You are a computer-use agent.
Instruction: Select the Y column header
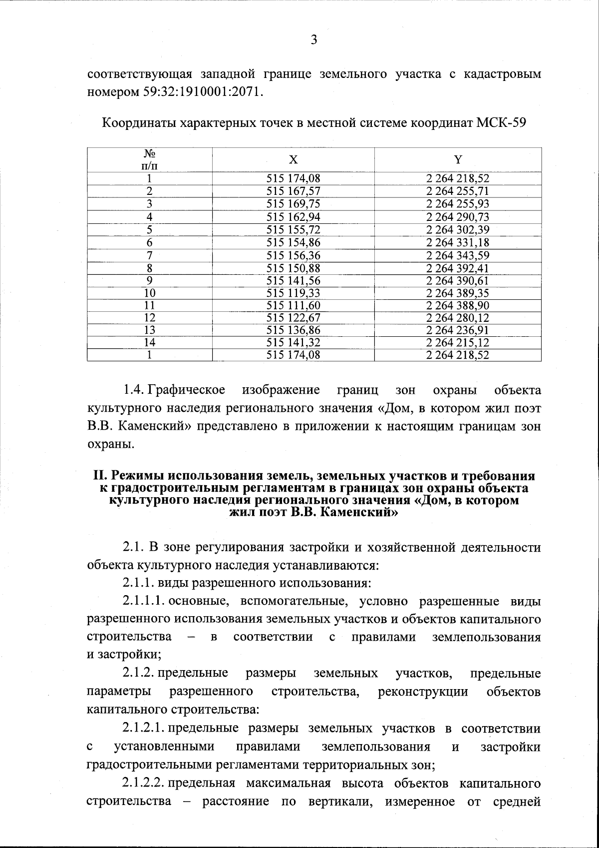458,159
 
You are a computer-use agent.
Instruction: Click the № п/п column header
149,159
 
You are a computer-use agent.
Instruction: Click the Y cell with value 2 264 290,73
458,217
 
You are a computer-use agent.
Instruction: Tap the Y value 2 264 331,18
458,243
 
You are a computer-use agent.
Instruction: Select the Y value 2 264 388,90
458,305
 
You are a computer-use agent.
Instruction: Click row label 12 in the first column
149,318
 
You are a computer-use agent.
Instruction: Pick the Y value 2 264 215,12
458,343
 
